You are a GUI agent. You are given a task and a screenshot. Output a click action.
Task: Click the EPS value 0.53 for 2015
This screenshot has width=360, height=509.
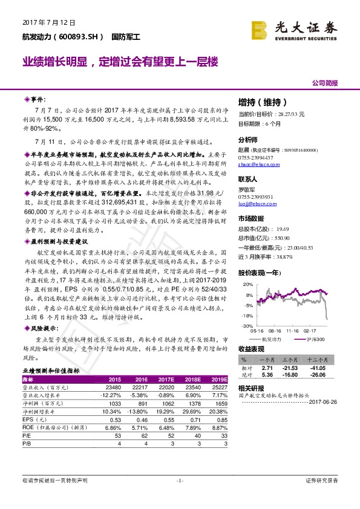point(114,419)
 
